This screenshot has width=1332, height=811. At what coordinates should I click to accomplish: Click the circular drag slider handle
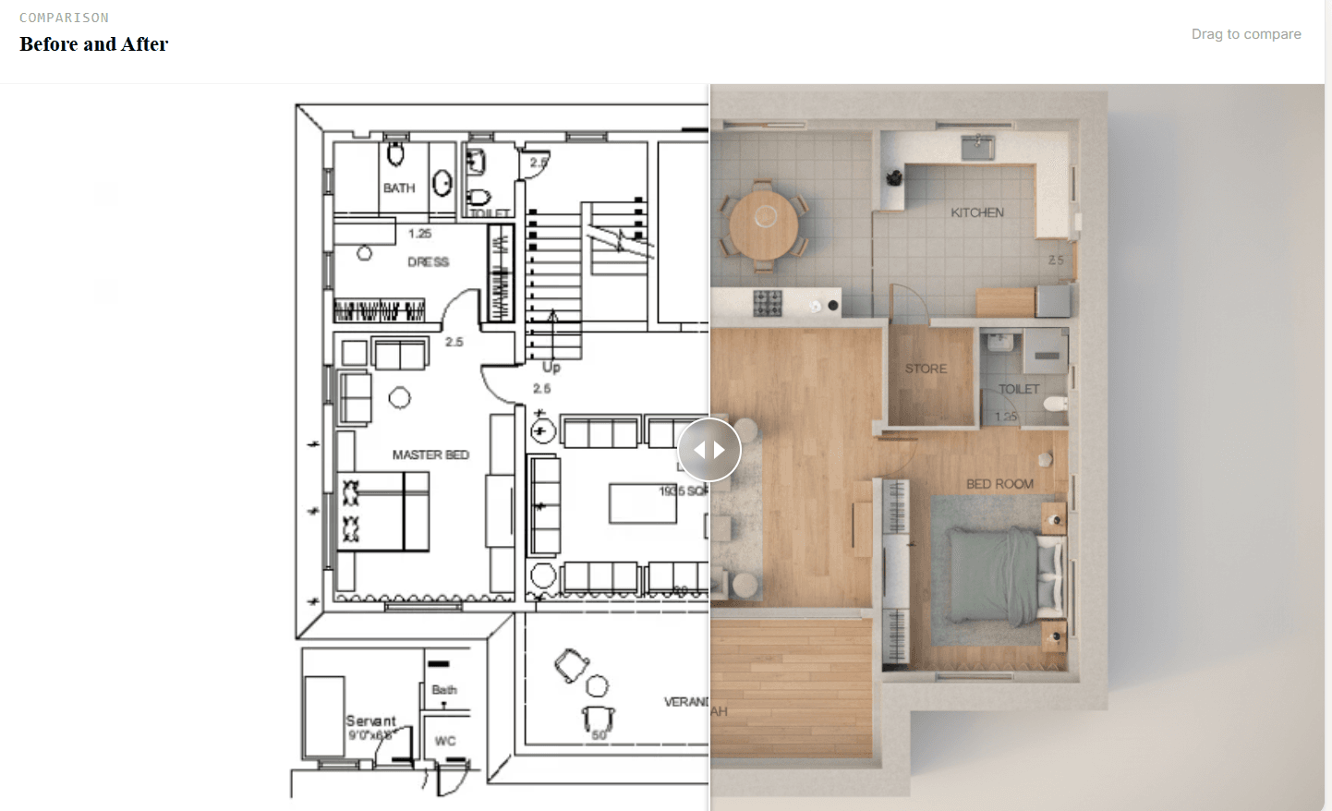pos(709,450)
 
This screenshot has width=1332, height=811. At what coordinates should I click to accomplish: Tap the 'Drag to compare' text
pos(1245,34)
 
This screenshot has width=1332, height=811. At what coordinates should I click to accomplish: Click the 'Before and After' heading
pos(93,44)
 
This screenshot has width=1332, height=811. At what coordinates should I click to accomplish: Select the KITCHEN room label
pos(976,212)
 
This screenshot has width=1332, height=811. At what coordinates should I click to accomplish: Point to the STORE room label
pos(926,369)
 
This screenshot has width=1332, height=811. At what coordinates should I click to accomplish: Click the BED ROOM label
pos(999,484)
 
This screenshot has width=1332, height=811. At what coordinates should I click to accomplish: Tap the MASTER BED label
pos(430,454)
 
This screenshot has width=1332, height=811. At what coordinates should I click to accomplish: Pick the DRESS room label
pos(428,262)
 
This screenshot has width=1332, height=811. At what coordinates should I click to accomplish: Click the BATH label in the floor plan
pos(399,188)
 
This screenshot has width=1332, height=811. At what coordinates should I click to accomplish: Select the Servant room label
pos(370,720)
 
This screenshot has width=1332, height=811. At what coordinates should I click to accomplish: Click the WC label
pos(445,741)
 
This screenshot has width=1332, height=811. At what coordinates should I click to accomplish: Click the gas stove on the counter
pos(768,303)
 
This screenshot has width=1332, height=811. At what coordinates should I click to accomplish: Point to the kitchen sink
pos(977,145)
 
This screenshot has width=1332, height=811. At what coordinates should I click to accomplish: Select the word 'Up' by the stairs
pos(551,367)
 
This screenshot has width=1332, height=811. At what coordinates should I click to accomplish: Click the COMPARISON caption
pos(64,18)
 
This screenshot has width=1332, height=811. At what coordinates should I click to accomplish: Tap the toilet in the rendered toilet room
pos(1054,404)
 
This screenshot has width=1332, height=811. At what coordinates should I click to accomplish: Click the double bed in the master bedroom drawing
pos(382,511)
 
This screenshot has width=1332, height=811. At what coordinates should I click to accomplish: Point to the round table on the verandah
pos(598,685)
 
